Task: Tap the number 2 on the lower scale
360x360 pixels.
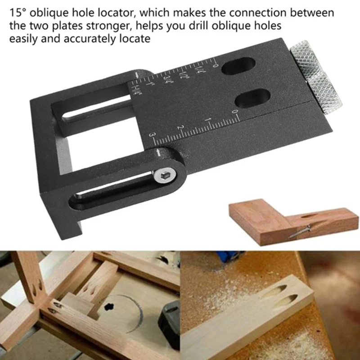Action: (x=180, y=128)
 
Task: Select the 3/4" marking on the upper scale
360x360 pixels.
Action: (x=168, y=80)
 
